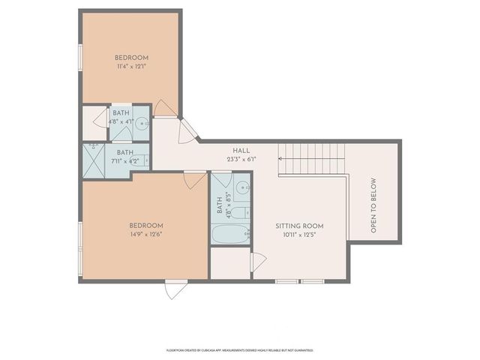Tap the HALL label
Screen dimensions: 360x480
241,150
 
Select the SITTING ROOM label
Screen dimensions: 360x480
298,226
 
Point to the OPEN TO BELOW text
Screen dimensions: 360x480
373,204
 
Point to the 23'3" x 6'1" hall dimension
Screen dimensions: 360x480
241,159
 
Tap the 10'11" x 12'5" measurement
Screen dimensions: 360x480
298,235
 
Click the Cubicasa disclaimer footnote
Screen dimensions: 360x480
239,349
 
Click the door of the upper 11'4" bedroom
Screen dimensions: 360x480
167,111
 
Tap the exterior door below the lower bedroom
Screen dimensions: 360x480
176,287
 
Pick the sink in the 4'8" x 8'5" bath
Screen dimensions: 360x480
241,188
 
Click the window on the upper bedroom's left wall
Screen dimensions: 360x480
80,59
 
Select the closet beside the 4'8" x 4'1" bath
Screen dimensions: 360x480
95,123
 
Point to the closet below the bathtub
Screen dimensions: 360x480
230,263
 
